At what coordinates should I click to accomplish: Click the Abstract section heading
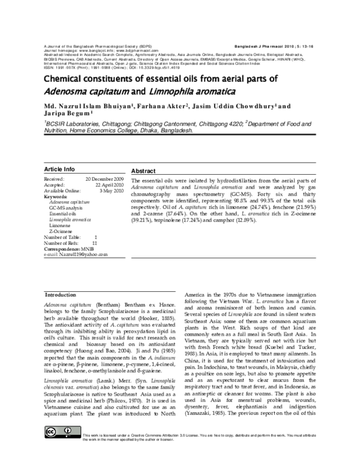[x=143, y=171]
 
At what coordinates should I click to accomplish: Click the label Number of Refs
[x=68, y=243]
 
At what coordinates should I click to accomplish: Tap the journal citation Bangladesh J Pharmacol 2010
[x=271, y=46]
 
